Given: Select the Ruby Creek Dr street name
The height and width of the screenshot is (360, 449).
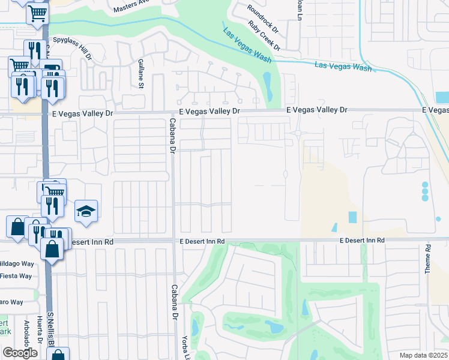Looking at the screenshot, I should tap(264, 35).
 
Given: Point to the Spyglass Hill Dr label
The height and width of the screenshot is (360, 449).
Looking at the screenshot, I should tap(73, 47).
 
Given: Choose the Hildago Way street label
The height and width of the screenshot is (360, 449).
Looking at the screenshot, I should tap(16, 263).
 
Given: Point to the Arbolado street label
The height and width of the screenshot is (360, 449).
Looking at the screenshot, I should tap(27, 331).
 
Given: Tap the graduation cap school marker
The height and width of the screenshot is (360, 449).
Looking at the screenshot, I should tap(86, 211).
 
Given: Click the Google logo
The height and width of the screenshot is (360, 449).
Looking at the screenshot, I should tap(20, 353).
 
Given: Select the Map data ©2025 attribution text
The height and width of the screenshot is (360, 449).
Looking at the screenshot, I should tap(423, 355).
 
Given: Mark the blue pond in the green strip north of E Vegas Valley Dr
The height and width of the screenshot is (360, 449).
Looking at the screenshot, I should tap(268, 88).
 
